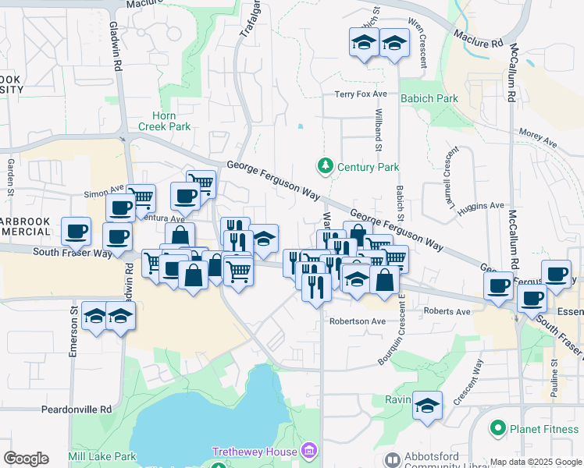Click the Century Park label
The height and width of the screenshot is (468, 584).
point(368,167)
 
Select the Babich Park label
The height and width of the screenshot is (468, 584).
point(429,99)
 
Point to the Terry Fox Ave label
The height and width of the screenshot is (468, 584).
point(361,94)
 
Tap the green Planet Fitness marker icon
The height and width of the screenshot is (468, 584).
point(497,428)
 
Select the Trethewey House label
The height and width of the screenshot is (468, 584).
point(255,452)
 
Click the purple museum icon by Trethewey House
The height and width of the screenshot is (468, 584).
point(309,451)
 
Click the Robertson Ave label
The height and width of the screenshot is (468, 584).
point(358,321)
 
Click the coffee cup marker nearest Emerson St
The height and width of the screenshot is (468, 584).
point(77,231)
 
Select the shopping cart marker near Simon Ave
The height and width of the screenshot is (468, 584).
point(141,198)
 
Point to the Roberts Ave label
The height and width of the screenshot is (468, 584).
point(447,311)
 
